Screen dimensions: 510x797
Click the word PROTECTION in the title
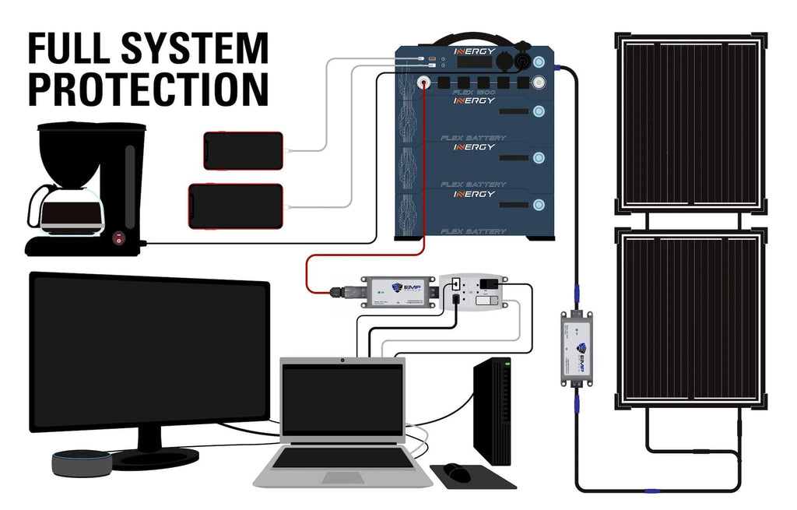(148, 88)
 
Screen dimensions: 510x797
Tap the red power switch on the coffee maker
(118, 238)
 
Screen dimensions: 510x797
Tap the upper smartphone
(243, 150)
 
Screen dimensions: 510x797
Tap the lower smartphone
(235, 206)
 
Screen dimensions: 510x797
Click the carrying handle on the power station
(474, 38)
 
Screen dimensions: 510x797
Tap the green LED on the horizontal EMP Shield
(367, 290)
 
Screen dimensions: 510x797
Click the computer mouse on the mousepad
(457, 472)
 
